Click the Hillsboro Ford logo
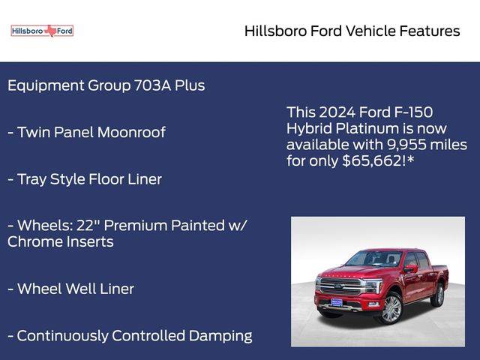(42, 31)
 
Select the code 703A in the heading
(152, 85)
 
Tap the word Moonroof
(131, 132)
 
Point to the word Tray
(31, 180)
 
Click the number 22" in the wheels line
(88, 225)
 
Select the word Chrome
(33, 241)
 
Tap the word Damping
(220, 337)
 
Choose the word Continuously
(63, 337)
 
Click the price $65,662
(373, 160)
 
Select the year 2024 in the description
(337, 112)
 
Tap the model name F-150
(413, 112)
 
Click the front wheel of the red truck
(391, 309)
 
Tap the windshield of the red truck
(373, 259)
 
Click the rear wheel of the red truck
(439, 295)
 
